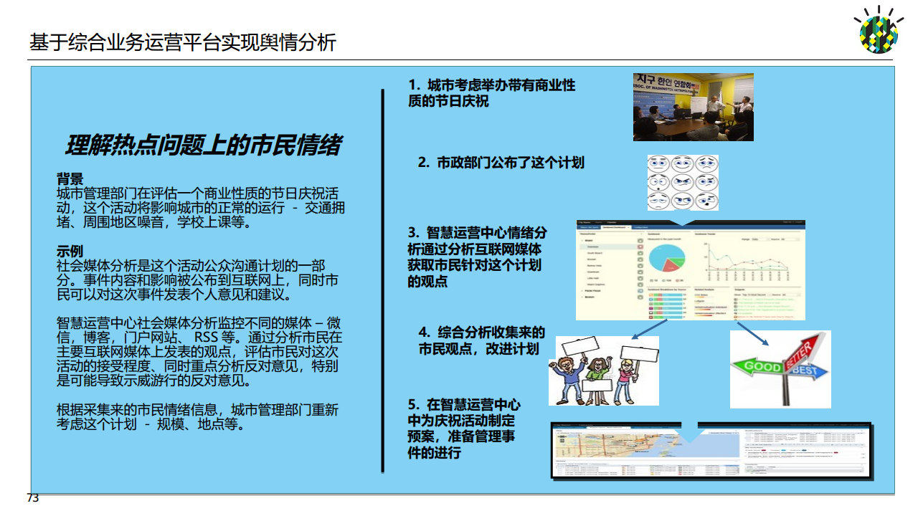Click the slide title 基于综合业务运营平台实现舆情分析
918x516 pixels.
click(x=183, y=42)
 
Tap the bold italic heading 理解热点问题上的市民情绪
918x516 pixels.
click(x=203, y=145)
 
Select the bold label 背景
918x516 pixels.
click(x=70, y=179)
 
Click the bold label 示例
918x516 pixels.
click(x=70, y=252)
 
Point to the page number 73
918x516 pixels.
click(x=33, y=498)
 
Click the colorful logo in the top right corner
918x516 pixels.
click(x=879, y=31)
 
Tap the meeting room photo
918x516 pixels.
click(x=693, y=107)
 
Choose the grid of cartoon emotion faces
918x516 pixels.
click(x=683, y=183)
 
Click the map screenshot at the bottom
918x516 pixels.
click(x=710, y=451)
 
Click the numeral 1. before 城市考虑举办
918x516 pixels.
click(x=415, y=85)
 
